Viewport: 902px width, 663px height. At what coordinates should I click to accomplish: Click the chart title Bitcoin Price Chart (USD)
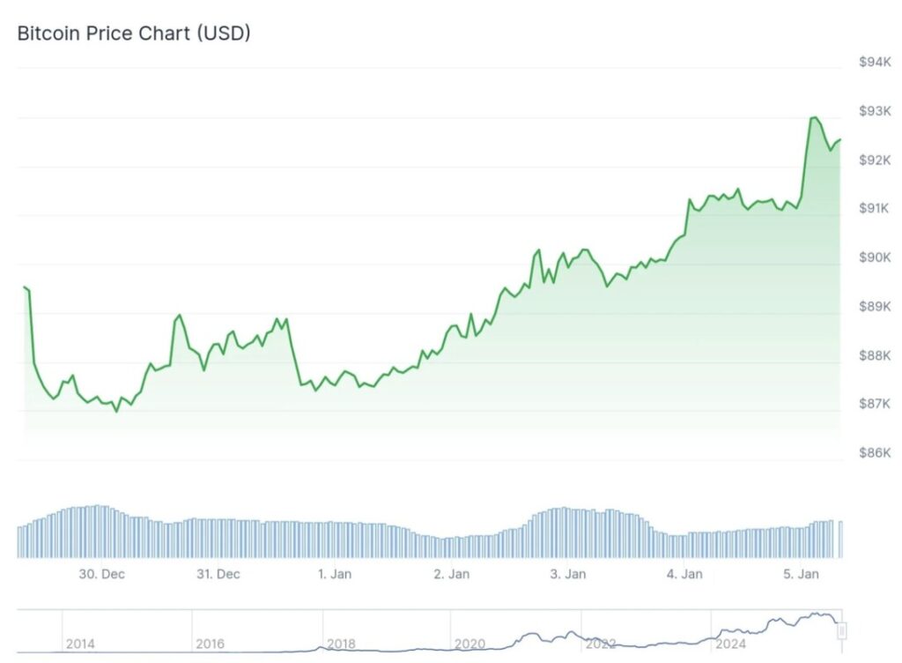(x=134, y=34)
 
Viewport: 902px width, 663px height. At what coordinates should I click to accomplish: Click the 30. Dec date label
(x=101, y=574)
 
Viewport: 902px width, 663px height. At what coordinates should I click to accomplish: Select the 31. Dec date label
(x=218, y=574)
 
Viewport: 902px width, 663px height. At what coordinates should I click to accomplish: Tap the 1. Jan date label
(x=335, y=574)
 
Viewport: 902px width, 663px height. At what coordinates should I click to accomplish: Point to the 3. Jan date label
(x=568, y=574)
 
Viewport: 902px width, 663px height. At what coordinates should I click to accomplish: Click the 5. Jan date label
(x=802, y=574)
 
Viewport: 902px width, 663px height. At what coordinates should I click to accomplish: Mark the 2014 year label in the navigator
(x=80, y=644)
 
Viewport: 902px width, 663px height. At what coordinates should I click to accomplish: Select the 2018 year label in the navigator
(x=341, y=644)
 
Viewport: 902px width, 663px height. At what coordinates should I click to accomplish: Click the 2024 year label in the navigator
(x=730, y=644)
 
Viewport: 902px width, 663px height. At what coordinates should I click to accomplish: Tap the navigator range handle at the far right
(x=841, y=631)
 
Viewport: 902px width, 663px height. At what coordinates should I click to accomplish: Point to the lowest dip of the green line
(x=116, y=411)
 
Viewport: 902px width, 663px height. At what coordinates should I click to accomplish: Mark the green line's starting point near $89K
(x=24, y=287)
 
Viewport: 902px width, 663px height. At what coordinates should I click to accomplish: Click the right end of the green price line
(x=839, y=139)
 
